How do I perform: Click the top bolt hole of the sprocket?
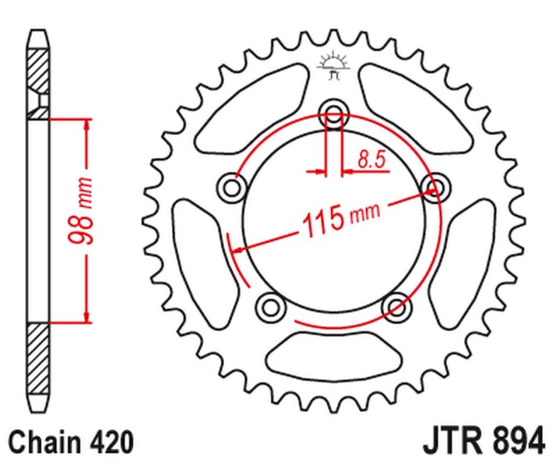click(x=334, y=115)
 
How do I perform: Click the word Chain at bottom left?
click(x=43, y=442)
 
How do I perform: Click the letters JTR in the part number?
click(x=448, y=442)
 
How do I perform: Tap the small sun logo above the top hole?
click(x=332, y=65)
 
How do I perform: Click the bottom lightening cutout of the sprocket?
click(x=333, y=353)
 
